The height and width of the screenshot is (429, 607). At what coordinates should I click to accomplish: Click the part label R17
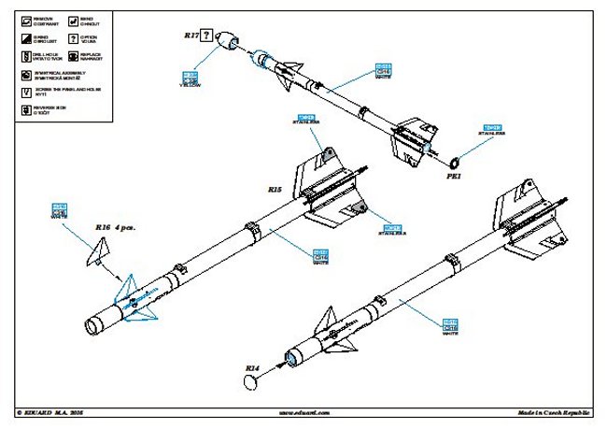click(191, 36)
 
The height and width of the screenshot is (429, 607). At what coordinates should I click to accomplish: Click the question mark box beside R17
click(208, 36)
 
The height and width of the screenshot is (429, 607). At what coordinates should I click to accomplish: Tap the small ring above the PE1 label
click(459, 160)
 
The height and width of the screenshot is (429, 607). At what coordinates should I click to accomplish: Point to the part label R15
click(275, 190)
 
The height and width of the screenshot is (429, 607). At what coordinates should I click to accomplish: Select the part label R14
click(252, 368)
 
